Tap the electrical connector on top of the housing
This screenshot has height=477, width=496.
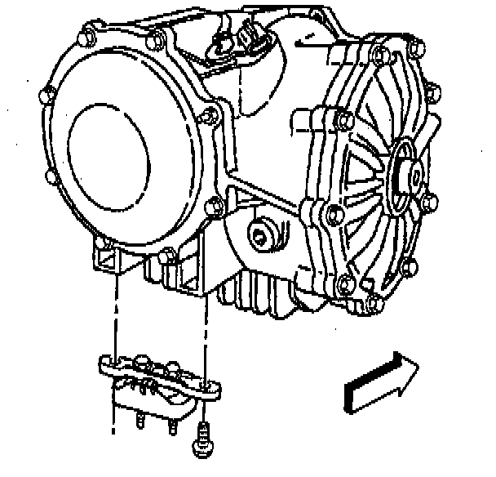coord(245,37)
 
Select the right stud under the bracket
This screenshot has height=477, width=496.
coord(173,426)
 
